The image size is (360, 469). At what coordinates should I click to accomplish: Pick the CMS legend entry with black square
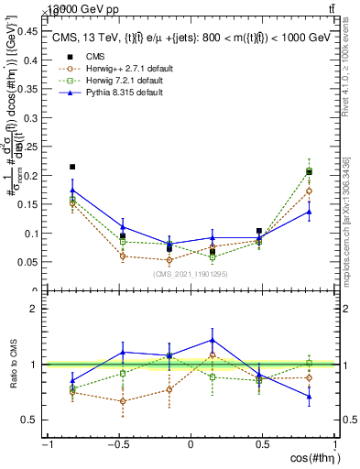(x=95, y=55)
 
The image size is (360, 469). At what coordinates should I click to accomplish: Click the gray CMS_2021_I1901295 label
(x=191, y=275)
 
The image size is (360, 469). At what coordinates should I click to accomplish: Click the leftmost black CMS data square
(x=72, y=168)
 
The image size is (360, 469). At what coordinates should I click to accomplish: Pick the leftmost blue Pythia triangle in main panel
(x=72, y=191)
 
